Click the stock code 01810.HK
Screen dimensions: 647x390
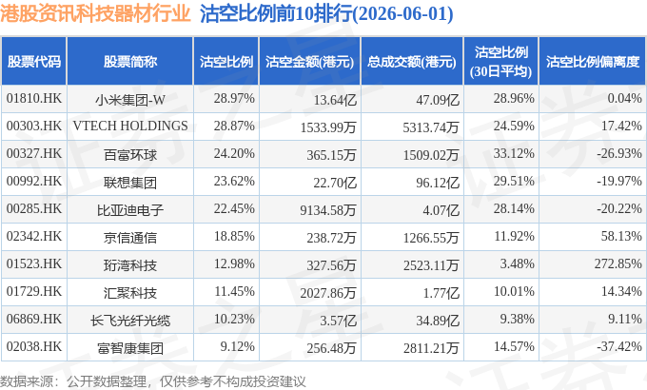point(34,99)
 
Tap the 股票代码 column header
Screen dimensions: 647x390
point(34,62)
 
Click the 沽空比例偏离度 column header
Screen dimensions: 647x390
point(593,62)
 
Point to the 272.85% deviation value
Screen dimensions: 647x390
point(618,263)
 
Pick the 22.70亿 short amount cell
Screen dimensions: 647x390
point(335,183)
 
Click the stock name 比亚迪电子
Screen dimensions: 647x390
point(130,210)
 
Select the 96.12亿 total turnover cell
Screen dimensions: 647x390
point(438,183)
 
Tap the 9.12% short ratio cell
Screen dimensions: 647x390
point(237,346)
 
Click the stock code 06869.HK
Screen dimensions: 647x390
point(34,319)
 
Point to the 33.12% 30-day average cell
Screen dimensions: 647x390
point(514,153)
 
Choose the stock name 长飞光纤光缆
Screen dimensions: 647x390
point(130,321)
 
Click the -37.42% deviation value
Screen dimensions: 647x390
point(619,346)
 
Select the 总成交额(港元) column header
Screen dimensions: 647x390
point(412,62)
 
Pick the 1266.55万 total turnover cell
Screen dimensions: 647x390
point(431,238)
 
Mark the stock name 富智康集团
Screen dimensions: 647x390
point(130,348)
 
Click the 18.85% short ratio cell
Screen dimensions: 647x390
point(234,237)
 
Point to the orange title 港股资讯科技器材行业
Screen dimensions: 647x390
point(95,13)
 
